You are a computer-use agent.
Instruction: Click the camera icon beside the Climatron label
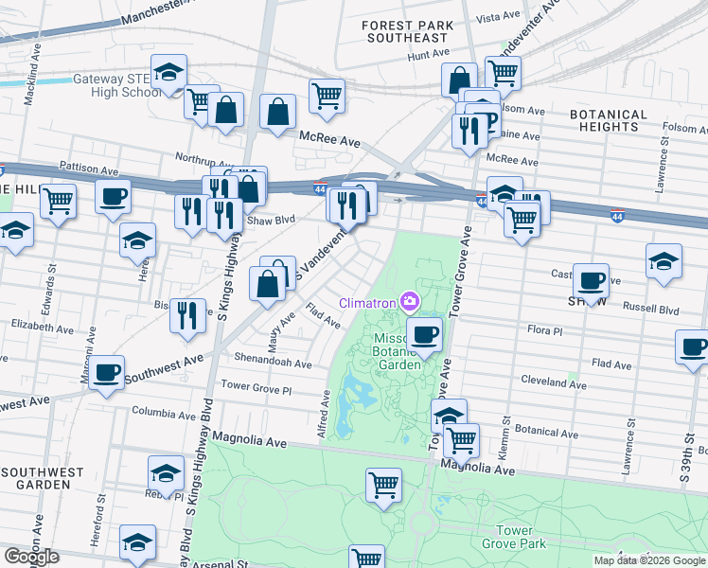click(x=410, y=302)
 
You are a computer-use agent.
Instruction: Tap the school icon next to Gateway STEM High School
click(x=168, y=73)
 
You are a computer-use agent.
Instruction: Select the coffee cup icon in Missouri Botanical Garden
click(x=424, y=333)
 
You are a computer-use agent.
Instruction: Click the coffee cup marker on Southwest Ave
click(x=107, y=372)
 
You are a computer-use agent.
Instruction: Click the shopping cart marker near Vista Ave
click(x=503, y=73)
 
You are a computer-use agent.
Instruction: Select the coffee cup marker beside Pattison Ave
click(x=114, y=197)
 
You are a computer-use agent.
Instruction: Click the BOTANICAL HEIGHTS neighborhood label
click(x=609, y=120)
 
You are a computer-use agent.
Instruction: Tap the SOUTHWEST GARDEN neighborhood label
click(x=36, y=478)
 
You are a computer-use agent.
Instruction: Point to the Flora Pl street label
click(x=544, y=331)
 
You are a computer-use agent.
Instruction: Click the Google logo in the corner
click(x=31, y=557)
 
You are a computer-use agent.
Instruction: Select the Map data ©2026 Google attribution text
click(x=648, y=560)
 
